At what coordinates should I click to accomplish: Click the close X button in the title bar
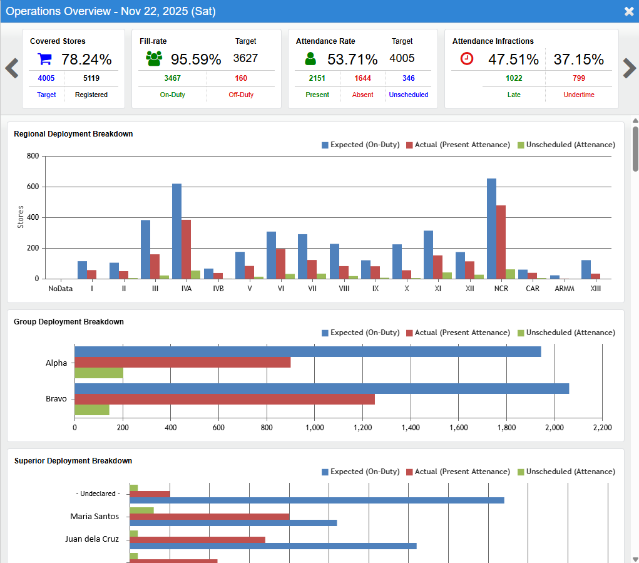[628, 11]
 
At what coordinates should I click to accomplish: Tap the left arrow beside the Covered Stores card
[11, 68]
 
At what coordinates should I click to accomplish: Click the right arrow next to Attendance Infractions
[629, 68]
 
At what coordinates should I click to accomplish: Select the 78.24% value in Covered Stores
[86, 59]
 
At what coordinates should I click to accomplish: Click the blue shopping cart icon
[44, 59]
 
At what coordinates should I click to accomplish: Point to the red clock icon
[467, 59]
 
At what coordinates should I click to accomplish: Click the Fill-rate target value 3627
[245, 58]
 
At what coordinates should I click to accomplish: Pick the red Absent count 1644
[362, 78]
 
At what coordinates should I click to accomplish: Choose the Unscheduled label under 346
[408, 95]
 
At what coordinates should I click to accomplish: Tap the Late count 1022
[514, 78]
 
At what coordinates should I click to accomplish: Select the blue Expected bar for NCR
[491, 229]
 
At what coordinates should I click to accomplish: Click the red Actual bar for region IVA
[186, 249]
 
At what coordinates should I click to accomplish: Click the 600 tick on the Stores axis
[32, 187]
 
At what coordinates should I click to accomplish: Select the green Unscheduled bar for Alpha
[99, 373]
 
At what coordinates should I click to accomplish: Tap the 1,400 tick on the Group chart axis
[411, 428]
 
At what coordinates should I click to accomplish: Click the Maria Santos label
[95, 516]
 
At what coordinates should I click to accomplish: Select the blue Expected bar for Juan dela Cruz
[273, 546]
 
